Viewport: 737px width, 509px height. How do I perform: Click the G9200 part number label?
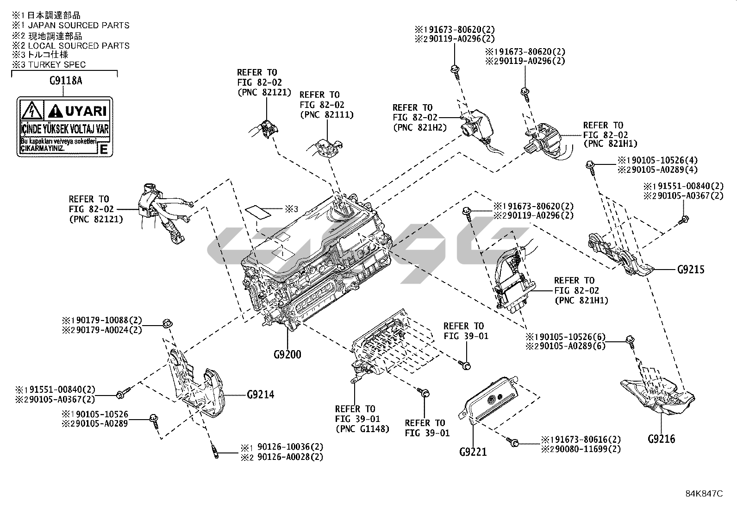pos(287,355)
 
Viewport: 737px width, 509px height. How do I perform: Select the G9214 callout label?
pos(260,395)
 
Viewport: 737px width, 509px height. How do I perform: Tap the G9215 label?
pos(691,269)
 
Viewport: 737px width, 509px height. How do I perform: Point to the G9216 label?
pos(661,439)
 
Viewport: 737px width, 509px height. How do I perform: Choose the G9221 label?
pos(473,451)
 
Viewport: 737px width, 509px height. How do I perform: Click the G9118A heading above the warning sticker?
pos(65,81)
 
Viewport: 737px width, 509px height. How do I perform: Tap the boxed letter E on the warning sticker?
pos(104,149)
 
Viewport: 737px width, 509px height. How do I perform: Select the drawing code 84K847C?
pos(704,494)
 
